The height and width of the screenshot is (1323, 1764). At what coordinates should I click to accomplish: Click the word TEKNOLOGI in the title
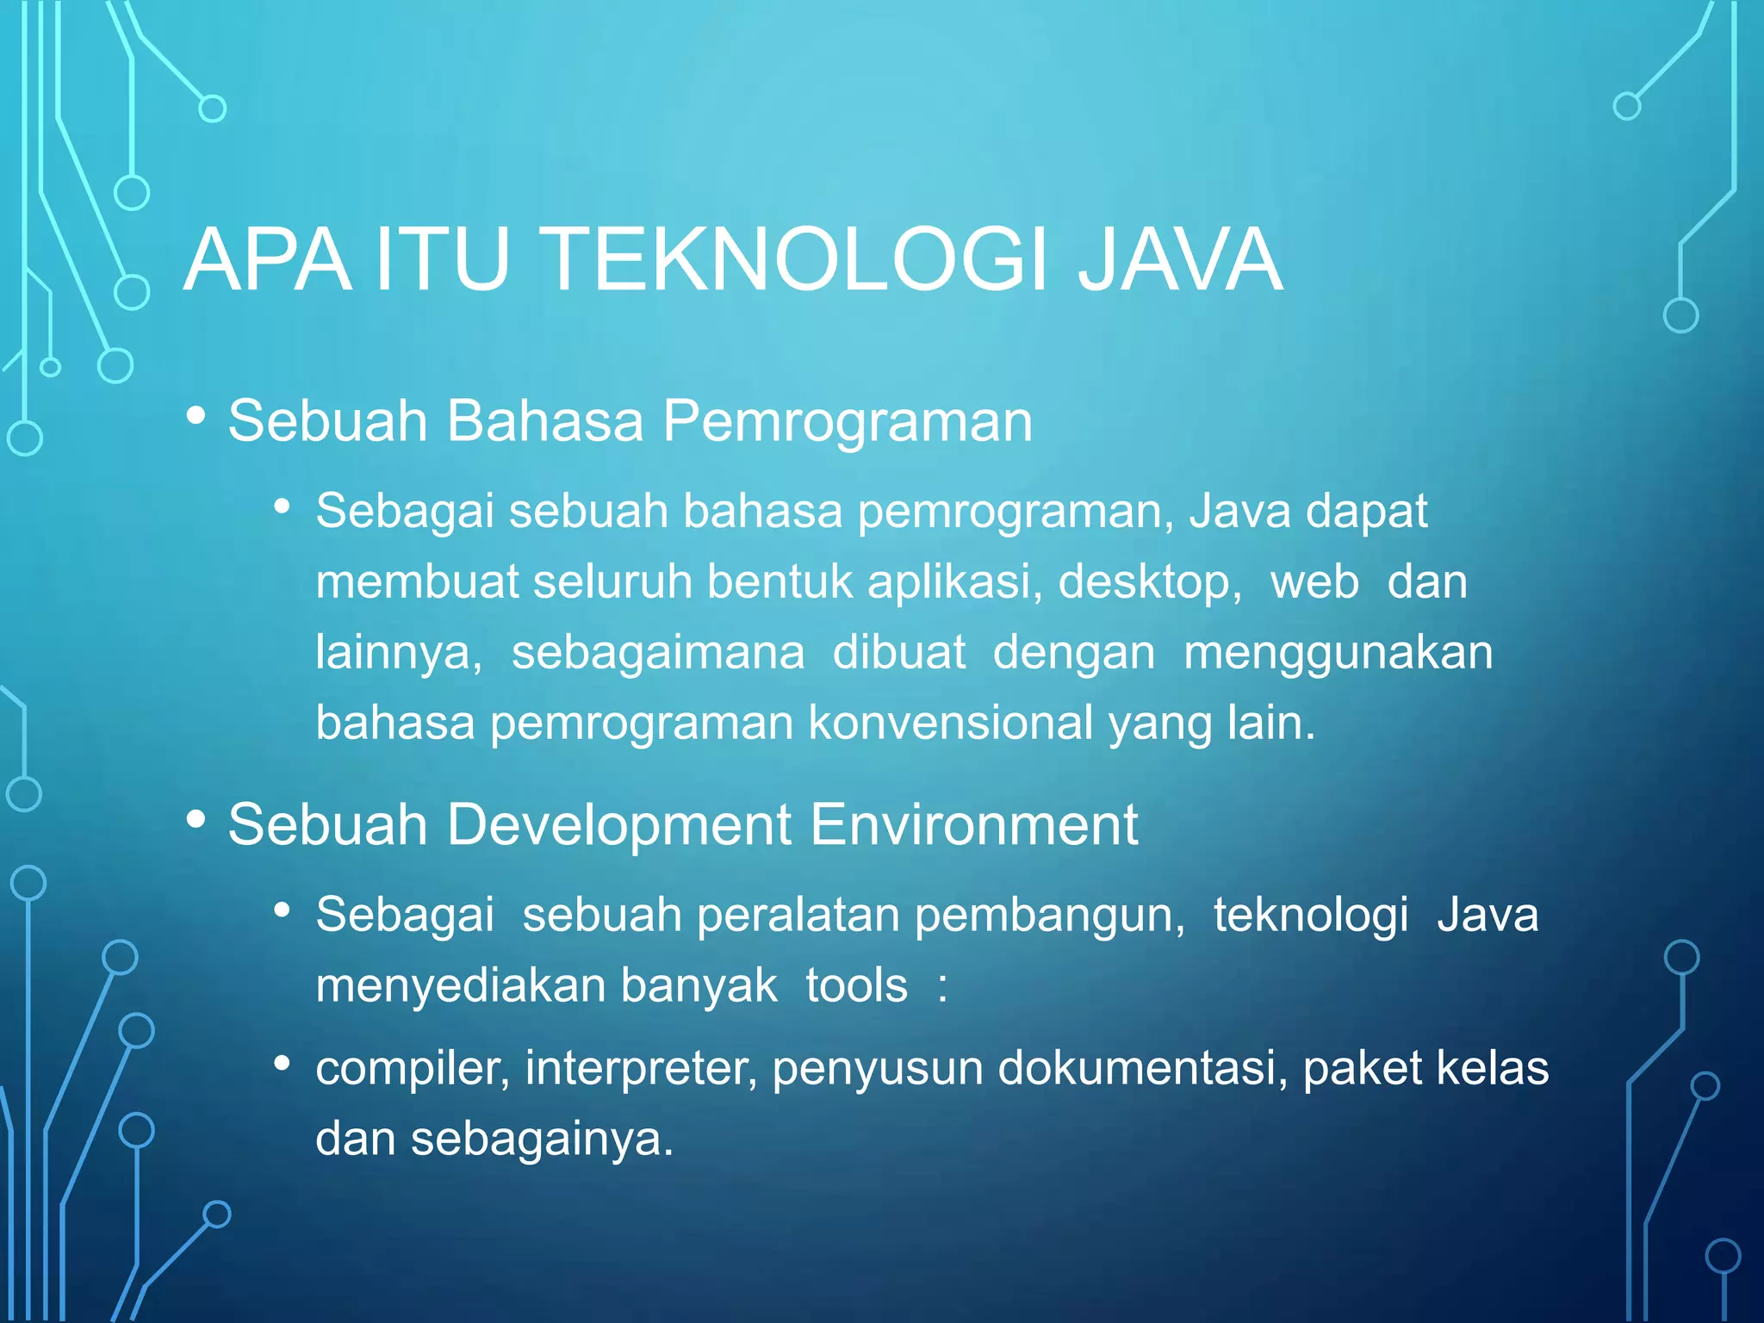[797, 260]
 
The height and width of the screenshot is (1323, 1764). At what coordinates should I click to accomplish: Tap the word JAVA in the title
[1180, 260]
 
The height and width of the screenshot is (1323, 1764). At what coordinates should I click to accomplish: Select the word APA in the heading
[268, 260]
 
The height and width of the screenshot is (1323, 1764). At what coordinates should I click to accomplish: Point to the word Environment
[973, 825]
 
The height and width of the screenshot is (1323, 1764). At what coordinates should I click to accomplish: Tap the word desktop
[1149, 583]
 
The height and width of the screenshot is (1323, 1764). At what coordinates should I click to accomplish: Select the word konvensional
[950, 723]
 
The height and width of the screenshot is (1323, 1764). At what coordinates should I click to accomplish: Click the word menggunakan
[1338, 653]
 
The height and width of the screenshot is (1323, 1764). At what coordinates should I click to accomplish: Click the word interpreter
[641, 1069]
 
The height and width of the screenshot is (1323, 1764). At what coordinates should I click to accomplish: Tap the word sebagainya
[541, 1139]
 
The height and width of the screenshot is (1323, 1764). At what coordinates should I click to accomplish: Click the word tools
[856, 985]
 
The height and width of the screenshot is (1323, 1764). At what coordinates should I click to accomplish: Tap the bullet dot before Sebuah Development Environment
[196, 820]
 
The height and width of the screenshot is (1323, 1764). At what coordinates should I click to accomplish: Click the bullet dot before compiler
[282, 1065]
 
